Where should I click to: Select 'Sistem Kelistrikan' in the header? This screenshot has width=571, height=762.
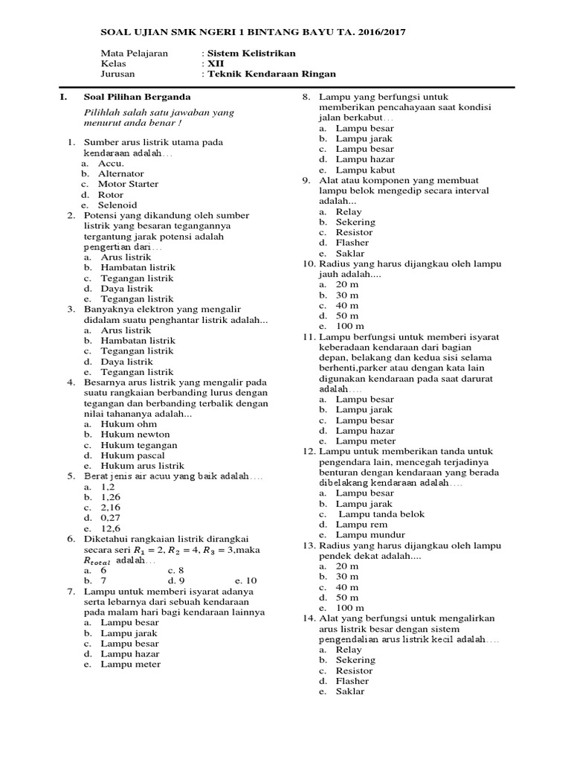point(250,54)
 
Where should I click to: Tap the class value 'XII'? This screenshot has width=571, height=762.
point(215,64)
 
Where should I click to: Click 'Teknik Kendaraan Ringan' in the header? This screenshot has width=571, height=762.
point(271,74)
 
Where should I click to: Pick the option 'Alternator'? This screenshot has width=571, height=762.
point(122,173)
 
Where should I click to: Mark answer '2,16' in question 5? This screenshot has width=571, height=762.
point(110,508)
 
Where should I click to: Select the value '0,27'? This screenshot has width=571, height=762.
point(110,518)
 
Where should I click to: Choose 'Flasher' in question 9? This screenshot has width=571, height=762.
point(352,243)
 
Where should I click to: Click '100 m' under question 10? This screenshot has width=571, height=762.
point(349,326)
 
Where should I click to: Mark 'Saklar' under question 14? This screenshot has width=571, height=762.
point(350,691)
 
